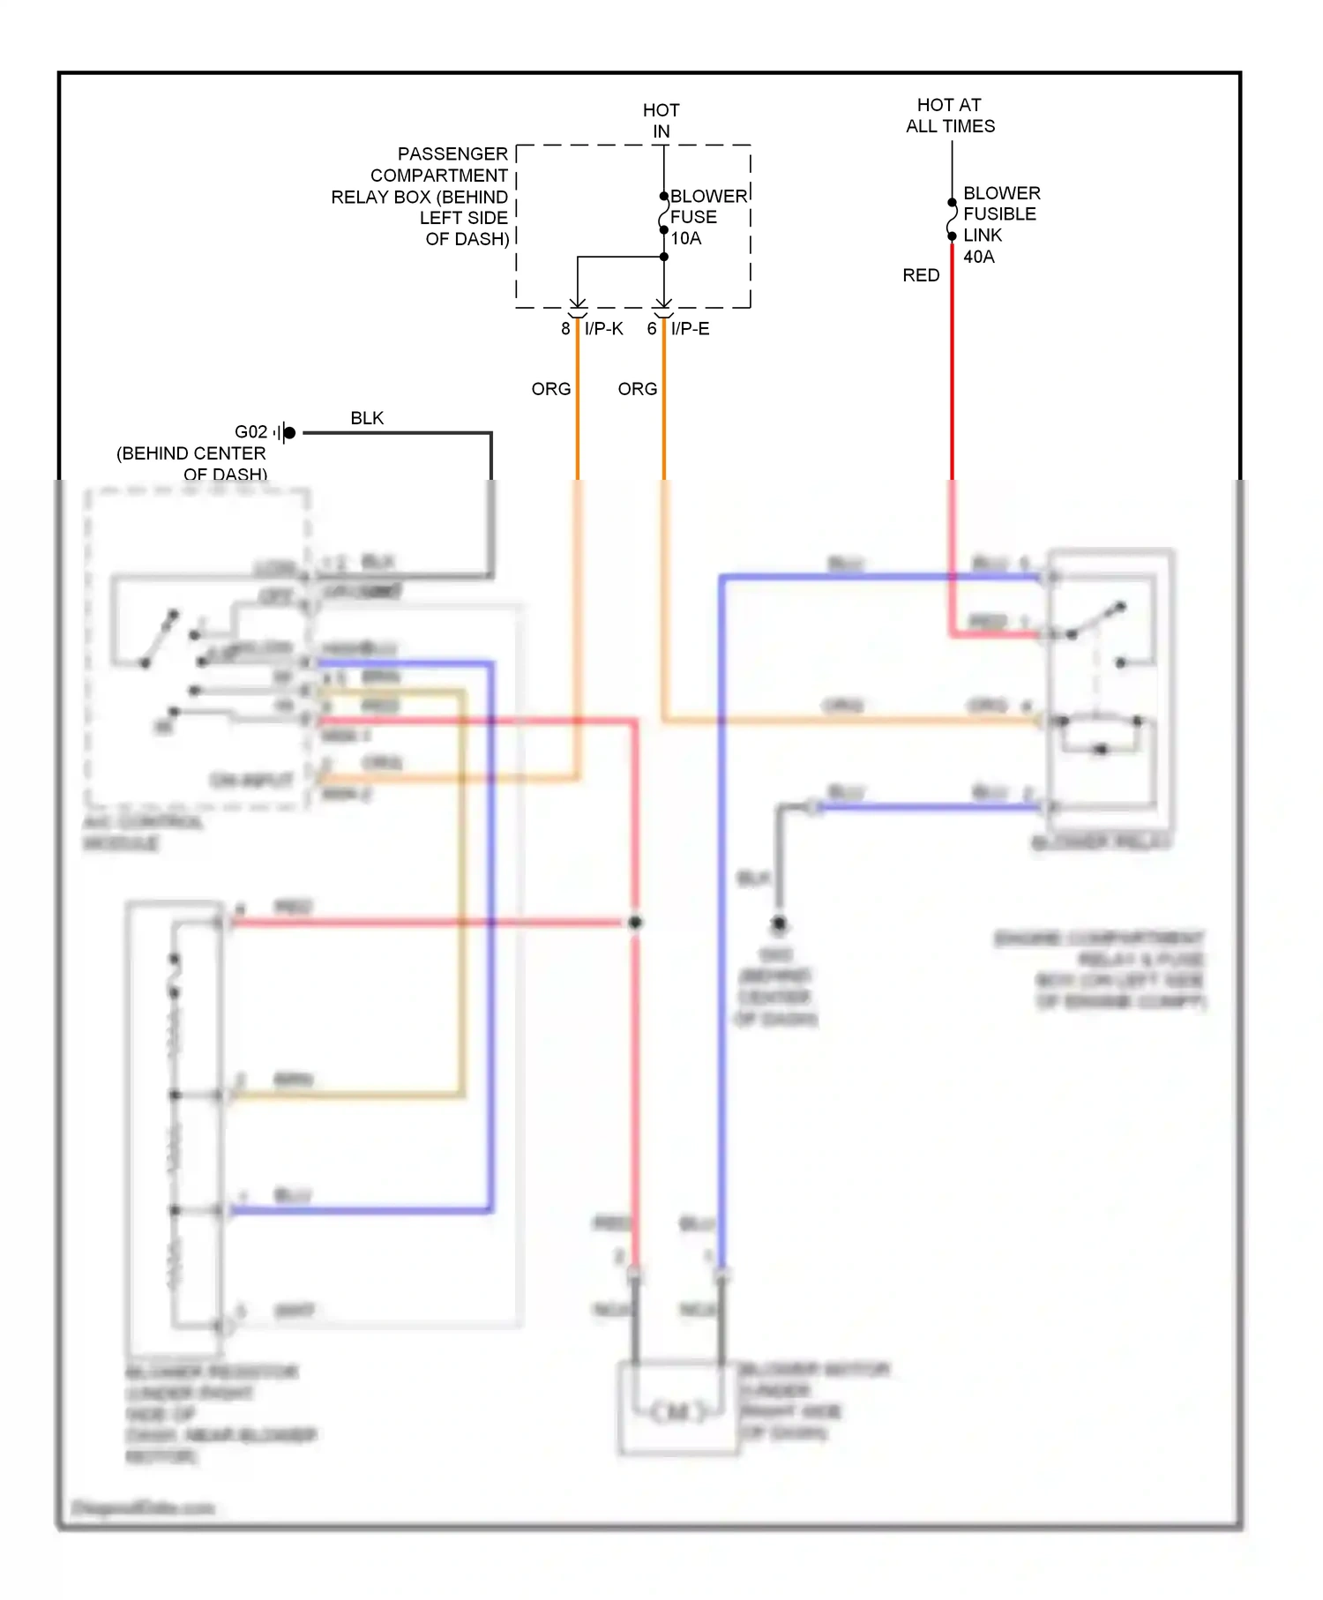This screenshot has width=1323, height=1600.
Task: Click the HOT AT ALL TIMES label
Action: (950, 116)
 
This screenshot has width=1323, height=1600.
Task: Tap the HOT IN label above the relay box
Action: (661, 121)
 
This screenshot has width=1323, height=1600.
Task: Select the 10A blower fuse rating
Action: (686, 238)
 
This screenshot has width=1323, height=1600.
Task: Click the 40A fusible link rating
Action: (978, 257)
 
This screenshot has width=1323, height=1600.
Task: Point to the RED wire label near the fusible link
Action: (921, 275)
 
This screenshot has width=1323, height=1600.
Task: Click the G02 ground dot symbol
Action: (289, 432)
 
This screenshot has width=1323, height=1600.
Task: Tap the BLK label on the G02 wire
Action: (367, 418)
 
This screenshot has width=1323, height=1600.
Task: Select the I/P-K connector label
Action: (604, 329)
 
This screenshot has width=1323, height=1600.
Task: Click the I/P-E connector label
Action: (690, 329)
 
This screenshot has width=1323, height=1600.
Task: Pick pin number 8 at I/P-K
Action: (565, 329)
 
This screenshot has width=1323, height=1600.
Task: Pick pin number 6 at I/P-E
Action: (652, 329)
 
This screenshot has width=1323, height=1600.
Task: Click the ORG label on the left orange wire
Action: (551, 389)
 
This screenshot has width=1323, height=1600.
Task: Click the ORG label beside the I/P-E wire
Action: (637, 389)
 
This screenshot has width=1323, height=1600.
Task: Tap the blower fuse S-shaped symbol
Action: (663, 214)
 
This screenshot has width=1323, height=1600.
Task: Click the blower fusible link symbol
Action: (952, 219)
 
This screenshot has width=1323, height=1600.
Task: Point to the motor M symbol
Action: (677, 1411)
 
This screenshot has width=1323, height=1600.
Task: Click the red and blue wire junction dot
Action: (635, 923)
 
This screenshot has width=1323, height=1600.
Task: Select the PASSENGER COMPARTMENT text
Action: (438, 164)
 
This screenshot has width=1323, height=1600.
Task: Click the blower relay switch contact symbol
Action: (1095, 621)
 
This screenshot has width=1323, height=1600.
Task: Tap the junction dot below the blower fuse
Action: (664, 257)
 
